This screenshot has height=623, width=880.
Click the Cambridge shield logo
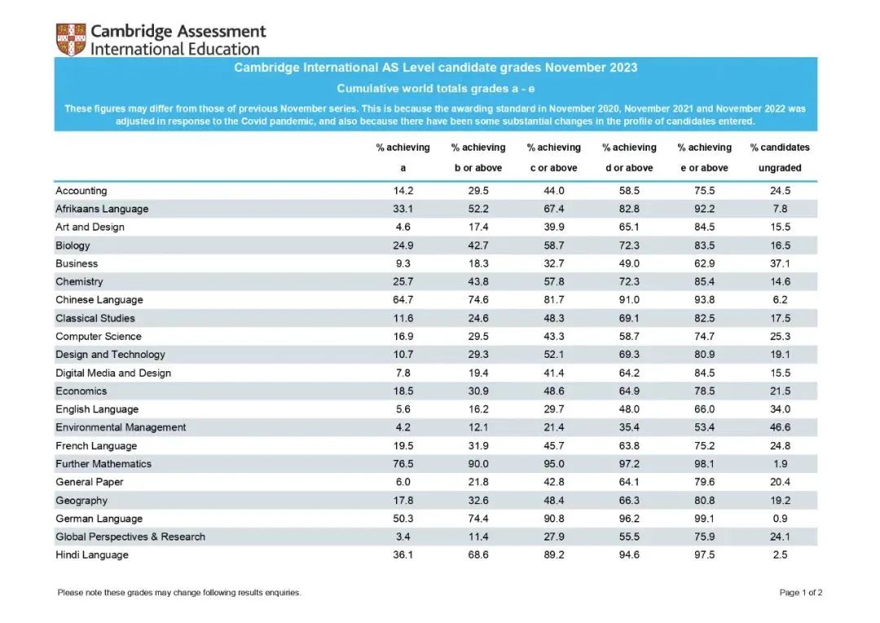click(x=71, y=39)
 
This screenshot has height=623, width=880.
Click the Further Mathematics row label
click(x=103, y=464)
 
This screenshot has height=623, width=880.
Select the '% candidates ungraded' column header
click(x=780, y=157)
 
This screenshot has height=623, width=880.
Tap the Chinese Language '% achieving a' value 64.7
click(x=403, y=300)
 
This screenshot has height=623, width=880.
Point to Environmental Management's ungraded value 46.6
click(x=780, y=427)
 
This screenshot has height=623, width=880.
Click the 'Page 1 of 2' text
click(x=800, y=593)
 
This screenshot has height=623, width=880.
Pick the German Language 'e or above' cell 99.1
click(x=705, y=519)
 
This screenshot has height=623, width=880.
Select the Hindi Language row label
click(x=92, y=555)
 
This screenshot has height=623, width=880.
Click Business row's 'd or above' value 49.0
click(x=629, y=263)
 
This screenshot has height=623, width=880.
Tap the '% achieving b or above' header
click(x=478, y=157)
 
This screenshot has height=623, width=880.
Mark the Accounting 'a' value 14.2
click(x=403, y=191)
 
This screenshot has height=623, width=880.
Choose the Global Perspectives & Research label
click(x=130, y=537)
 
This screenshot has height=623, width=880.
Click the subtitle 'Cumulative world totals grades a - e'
click(x=435, y=88)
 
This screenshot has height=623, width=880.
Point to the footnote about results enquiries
click(x=179, y=593)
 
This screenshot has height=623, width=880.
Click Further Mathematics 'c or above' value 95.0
click(x=553, y=464)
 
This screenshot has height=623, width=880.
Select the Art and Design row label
click(x=90, y=227)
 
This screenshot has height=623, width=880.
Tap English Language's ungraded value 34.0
click(x=780, y=409)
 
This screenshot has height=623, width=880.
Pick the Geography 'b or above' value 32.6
click(x=478, y=501)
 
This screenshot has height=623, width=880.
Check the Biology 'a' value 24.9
click(x=403, y=245)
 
